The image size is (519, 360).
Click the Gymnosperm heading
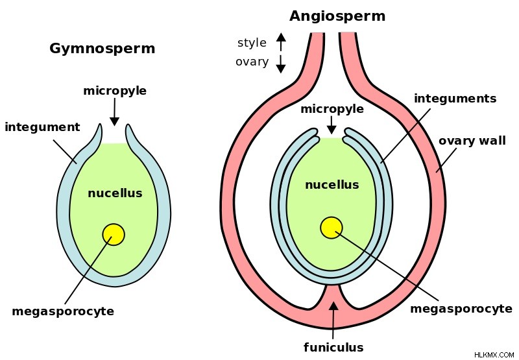(x=103, y=49)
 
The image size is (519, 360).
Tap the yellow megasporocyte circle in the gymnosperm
(x=114, y=234)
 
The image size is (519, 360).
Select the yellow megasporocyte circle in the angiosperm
(x=332, y=228)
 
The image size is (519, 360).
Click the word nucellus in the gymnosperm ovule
(x=115, y=193)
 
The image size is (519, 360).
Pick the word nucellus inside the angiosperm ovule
(x=332, y=184)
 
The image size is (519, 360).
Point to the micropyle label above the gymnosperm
(x=115, y=91)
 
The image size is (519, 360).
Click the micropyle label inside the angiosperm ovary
(x=332, y=109)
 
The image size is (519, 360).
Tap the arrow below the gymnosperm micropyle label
(x=115, y=112)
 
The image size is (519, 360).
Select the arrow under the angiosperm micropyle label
(x=332, y=125)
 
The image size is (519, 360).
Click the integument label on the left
(x=42, y=127)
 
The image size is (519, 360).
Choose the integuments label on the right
(x=455, y=99)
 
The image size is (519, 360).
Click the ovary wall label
(x=472, y=141)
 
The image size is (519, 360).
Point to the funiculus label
(x=333, y=347)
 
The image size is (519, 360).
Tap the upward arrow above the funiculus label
(x=333, y=315)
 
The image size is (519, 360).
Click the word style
(x=252, y=43)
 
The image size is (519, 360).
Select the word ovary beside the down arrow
(x=252, y=62)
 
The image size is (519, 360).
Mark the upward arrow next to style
(x=281, y=42)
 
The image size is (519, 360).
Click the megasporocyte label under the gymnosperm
(x=63, y=311)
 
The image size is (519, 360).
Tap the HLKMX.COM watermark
(x=494, y=355)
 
